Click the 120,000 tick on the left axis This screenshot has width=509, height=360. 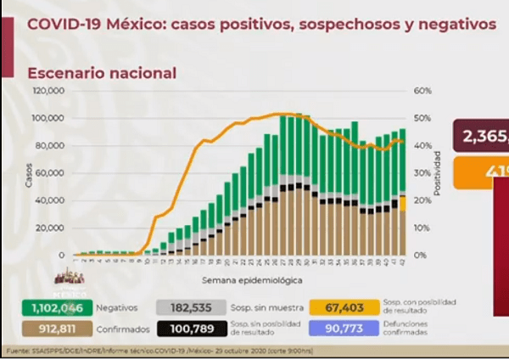[x=50, y=90]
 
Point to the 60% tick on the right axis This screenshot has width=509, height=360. [x=422, y=90]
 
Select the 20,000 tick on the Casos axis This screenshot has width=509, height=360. [x=52, y=228]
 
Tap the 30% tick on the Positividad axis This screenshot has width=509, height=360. [x=422, y=172]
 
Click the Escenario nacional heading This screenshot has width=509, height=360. [x=102, y=73]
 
